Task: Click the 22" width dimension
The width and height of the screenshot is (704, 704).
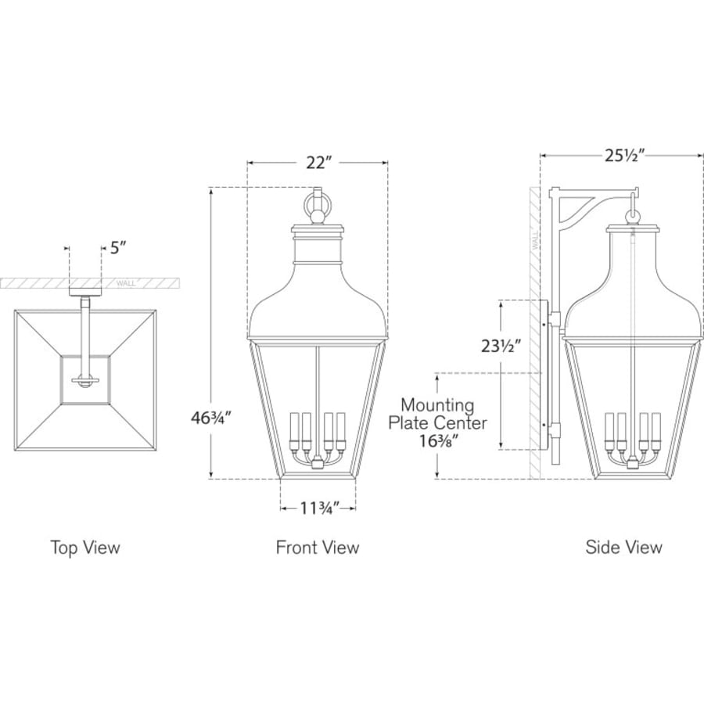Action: [318, 163]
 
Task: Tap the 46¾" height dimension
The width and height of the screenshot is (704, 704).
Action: [211, 418]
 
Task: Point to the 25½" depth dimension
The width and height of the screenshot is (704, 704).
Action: [624, 156]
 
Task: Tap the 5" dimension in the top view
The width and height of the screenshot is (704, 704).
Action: [118, 247]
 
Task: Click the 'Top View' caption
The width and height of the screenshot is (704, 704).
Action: [85, 548]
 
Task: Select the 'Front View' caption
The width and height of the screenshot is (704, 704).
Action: [318, 548]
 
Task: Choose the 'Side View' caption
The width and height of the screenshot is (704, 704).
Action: [623, 547]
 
